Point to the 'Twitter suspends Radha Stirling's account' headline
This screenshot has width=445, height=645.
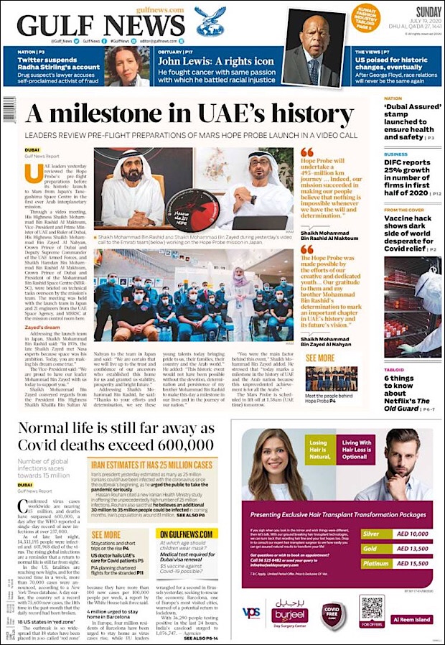59,68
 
